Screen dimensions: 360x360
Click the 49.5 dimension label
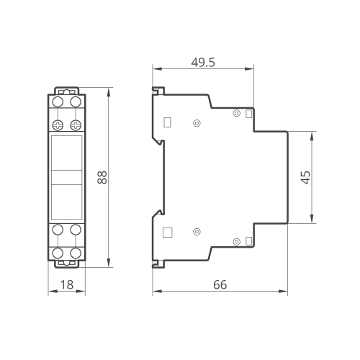(x=203, y=63)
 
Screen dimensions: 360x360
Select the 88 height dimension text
(x=102, y=177)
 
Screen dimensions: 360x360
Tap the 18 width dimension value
(x=67, y=285)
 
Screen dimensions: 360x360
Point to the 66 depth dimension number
(x=220, y=285)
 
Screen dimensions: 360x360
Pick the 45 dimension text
(x=305, y=177)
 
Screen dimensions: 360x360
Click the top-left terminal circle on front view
(x=58, y=102)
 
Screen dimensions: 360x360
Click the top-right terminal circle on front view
(x=76, y=102)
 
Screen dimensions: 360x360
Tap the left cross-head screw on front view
(x=58, y=125)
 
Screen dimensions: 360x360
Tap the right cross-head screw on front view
(x=76, y=125)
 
